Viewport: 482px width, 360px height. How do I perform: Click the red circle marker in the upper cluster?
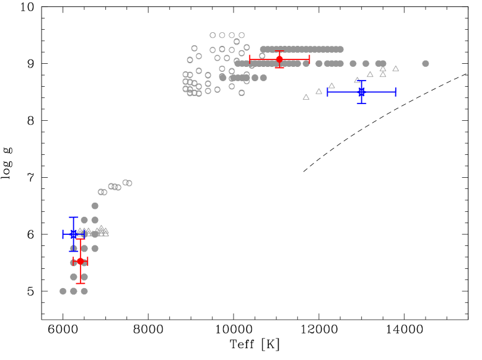point(279,59)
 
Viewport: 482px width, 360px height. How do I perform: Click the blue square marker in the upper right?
point(361,92)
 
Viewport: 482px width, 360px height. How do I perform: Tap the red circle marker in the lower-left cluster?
point(81,261)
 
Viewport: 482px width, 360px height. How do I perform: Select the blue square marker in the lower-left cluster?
point(74,234)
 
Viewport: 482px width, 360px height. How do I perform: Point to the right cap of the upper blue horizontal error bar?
point(395,92)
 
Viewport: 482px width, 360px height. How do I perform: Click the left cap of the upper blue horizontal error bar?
point(328,92)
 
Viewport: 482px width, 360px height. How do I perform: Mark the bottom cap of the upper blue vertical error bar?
point(361,103)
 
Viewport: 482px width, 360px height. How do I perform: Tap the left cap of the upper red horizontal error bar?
point(250,59)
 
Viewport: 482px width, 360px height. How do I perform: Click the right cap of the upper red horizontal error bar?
point(309,59)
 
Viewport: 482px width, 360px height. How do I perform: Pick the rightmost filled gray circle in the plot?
point(425,63)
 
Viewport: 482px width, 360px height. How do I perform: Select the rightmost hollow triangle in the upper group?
point(395,69)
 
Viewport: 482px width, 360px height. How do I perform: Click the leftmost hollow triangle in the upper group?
point(306,97)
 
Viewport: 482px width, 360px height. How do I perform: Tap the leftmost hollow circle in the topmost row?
point(213,35)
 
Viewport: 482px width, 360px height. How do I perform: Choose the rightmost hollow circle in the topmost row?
point(242,35)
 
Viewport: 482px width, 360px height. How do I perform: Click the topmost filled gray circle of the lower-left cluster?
point(95,206)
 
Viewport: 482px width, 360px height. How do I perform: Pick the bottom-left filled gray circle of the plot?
point(63,291)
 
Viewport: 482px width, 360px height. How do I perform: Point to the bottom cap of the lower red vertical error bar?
point(81,283)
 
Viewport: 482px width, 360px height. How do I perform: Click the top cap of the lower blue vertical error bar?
point(74,217)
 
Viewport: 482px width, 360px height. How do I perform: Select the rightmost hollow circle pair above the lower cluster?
point(128,183)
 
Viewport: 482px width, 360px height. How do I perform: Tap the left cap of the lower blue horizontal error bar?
point(63,234)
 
